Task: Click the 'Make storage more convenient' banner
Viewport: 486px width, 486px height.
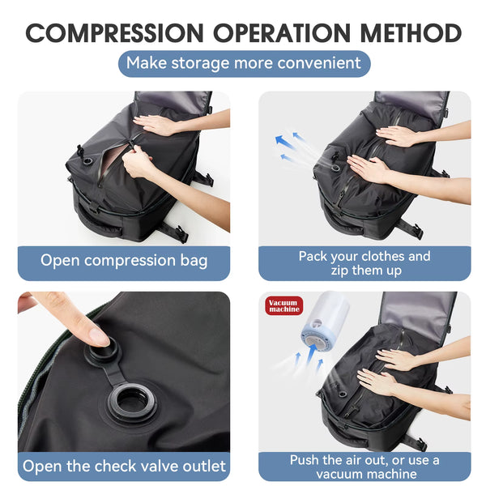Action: point(244,63)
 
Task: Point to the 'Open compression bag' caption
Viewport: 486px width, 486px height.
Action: point(124,261)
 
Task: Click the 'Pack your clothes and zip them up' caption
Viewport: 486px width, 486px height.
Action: point(364,263)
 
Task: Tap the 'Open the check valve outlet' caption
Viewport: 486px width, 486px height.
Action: point(124,466)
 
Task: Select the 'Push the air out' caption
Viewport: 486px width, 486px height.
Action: point(364,467)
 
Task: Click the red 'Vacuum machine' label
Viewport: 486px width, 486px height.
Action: point(284,306)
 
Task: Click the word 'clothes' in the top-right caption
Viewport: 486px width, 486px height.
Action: point(379,256)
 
